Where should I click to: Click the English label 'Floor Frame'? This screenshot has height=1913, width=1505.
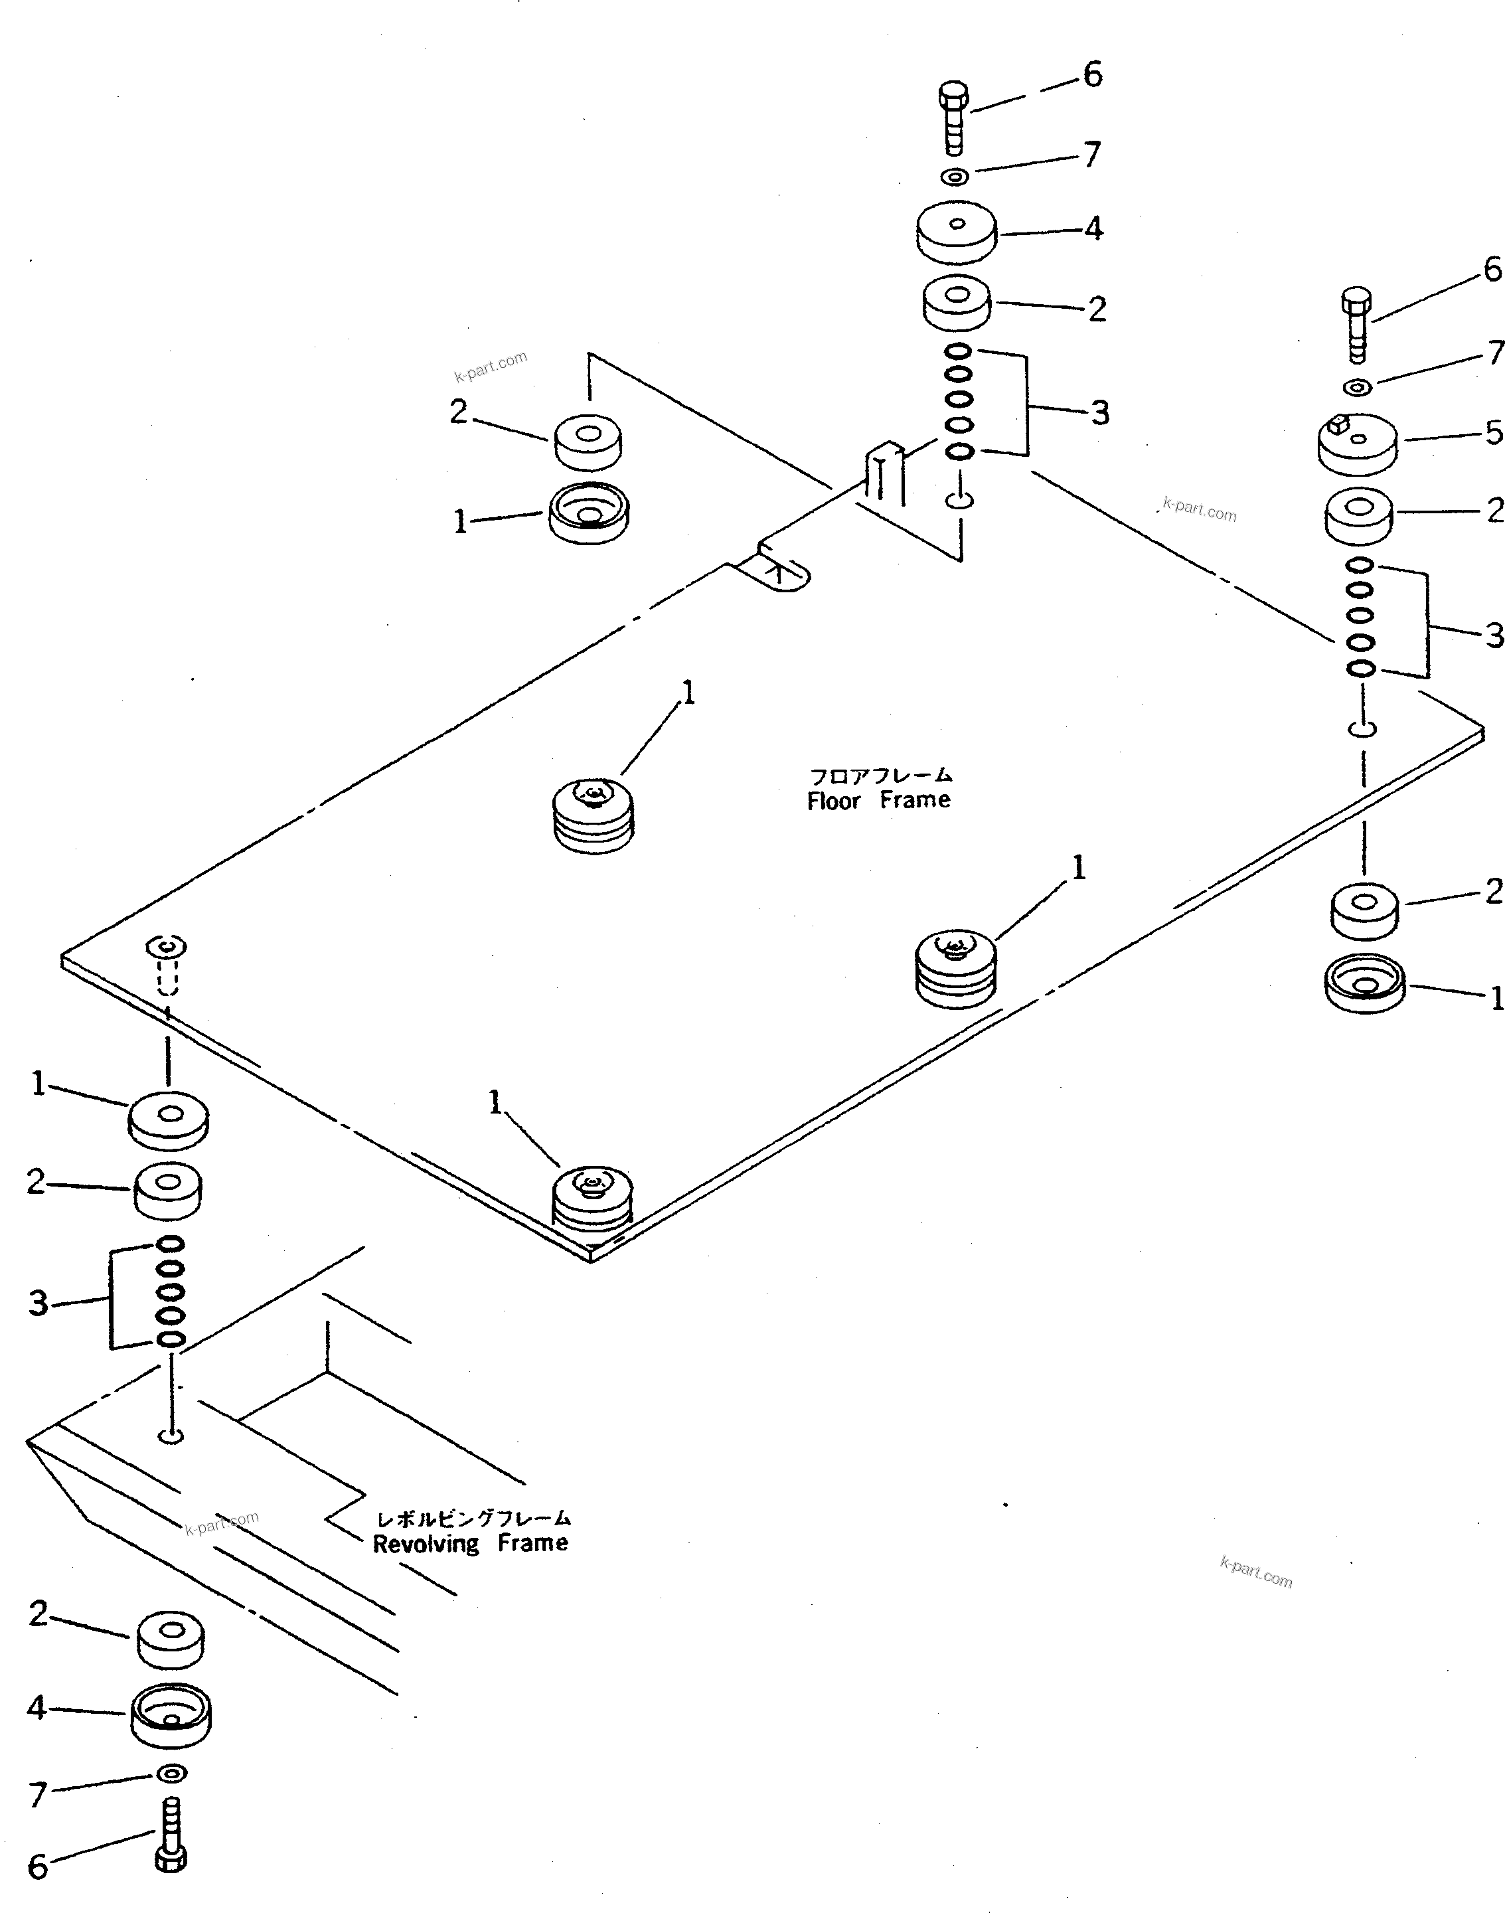click(878, 800)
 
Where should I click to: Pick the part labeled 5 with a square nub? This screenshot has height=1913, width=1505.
click(1357, 444)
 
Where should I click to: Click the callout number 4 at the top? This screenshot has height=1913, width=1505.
click(1093, 228)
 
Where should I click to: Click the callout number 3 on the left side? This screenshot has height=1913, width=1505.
click(38, 1302)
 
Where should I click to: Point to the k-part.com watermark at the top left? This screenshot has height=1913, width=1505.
click(491, 366)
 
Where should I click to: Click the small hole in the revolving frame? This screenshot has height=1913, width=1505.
click(171, 1436)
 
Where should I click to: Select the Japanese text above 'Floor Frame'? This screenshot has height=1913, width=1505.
click(880, 776)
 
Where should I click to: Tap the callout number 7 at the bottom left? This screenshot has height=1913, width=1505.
click(37, 1794)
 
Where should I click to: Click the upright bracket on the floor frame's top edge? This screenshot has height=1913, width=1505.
click(884, 473)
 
